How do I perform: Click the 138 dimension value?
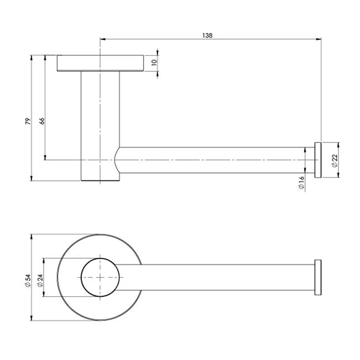click(207, 36)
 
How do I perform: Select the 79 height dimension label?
click(28, 121)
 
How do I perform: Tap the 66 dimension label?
click(42, 121)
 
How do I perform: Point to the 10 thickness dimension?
click(154, 63)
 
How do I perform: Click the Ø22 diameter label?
click(334, 160)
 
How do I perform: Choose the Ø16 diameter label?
click(301, 183)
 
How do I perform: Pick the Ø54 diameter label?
click(28, 280)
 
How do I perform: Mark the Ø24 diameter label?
click(40, 280)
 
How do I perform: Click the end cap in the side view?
click(318, 160)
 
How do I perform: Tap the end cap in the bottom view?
click(318, 277)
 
